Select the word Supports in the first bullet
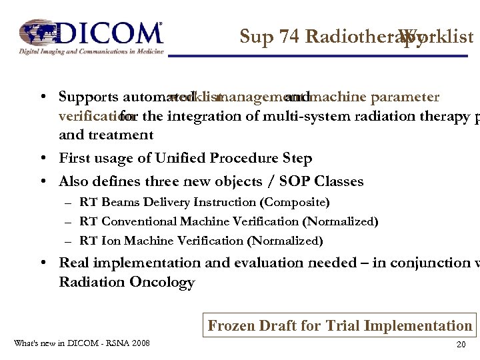[x=87, y=97]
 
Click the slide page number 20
[x=460, y=345]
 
